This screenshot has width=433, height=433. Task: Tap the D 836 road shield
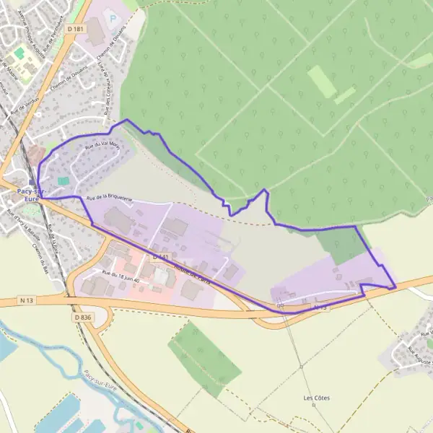pyautogui.click(x=83, y=316)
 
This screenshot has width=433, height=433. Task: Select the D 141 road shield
pyautogui.click(x=160, y=256)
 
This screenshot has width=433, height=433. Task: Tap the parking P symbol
pyautogui.click(x=110, y=14)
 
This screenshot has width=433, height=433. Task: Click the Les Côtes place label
pyautogui.click(x=314, y=398)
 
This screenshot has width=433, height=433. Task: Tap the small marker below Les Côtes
pyautogui.click(x=314, y=405)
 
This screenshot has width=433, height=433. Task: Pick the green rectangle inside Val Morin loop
pyautogui.click(x=64, y=180)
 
